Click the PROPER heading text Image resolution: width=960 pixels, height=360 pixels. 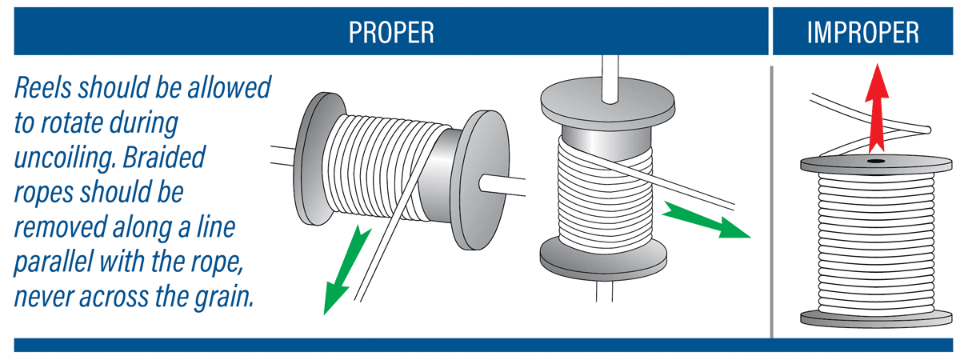(x=391, y=33)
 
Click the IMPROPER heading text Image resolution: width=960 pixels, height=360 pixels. (x=862, y=33)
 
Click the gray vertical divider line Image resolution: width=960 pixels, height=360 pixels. (x=770, y=200)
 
